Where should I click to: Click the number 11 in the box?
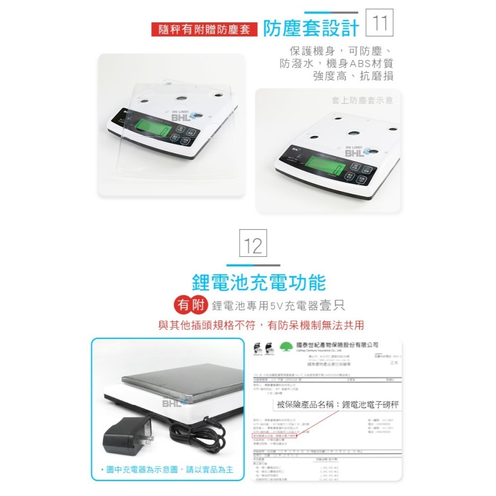pos(379,23)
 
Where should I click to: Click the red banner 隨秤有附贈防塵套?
pos(204,29)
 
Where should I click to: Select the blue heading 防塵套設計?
pos(310,29)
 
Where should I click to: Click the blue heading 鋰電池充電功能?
pos(258,282)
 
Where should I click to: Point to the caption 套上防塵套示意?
pos(362,100)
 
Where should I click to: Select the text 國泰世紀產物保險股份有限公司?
pos(337,345)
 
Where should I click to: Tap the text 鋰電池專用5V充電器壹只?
pos(278,306)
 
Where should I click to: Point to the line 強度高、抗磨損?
pos(353,76)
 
